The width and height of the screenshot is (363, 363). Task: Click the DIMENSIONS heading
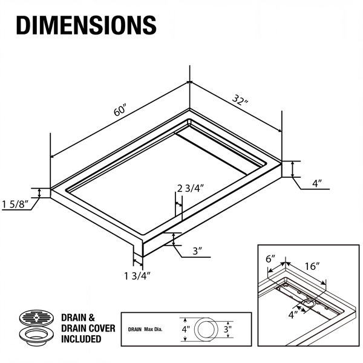pos(86,25)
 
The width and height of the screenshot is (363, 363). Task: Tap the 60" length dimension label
pos(120,110)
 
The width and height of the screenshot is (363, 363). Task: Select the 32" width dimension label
pos(240,100)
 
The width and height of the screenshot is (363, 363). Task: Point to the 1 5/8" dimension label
pos(15,204)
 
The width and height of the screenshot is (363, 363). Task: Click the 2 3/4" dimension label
pos(191,188)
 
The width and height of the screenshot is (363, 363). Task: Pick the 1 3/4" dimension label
pos(137,276)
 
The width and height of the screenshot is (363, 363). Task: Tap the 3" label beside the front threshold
pos(198,251)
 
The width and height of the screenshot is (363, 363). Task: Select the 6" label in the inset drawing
pos(270,259)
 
